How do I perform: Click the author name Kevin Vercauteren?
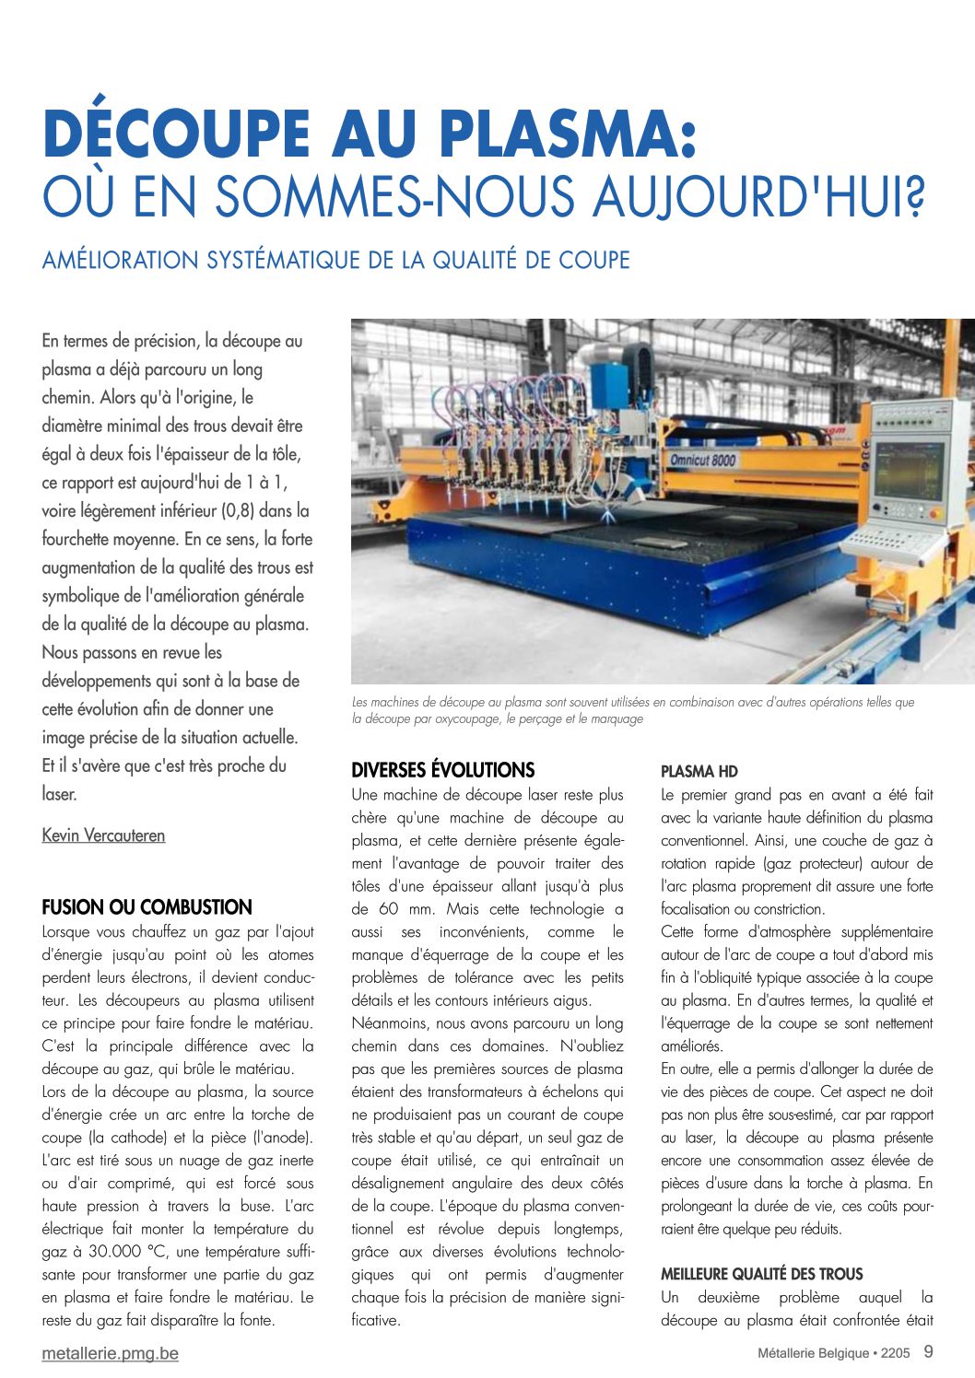click(x=103, y=835)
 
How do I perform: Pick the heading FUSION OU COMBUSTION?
click(x=147, y=907)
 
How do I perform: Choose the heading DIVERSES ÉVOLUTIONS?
click(x=442, y=770)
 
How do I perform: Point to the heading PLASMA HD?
click(x=699, y=771)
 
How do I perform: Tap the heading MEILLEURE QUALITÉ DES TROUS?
click(x=761, y=1274)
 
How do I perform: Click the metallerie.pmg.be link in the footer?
click(x=110, y=1353)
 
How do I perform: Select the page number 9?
click(x=928, y=1351)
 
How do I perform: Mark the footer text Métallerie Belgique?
click(x=813, y=1353)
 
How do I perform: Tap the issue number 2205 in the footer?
click(x=894, y=1353)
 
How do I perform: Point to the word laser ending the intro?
click(x=58, y=794)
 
